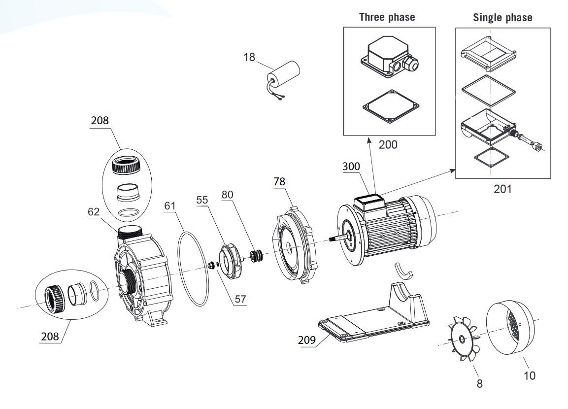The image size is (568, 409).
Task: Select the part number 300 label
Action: tap(352, 166)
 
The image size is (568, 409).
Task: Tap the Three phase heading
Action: tap(387, 17)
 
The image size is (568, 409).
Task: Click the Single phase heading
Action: tap(502, 18)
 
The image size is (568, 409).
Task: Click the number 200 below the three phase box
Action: tap(388, 145)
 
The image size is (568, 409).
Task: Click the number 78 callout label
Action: tap(279, 182)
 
